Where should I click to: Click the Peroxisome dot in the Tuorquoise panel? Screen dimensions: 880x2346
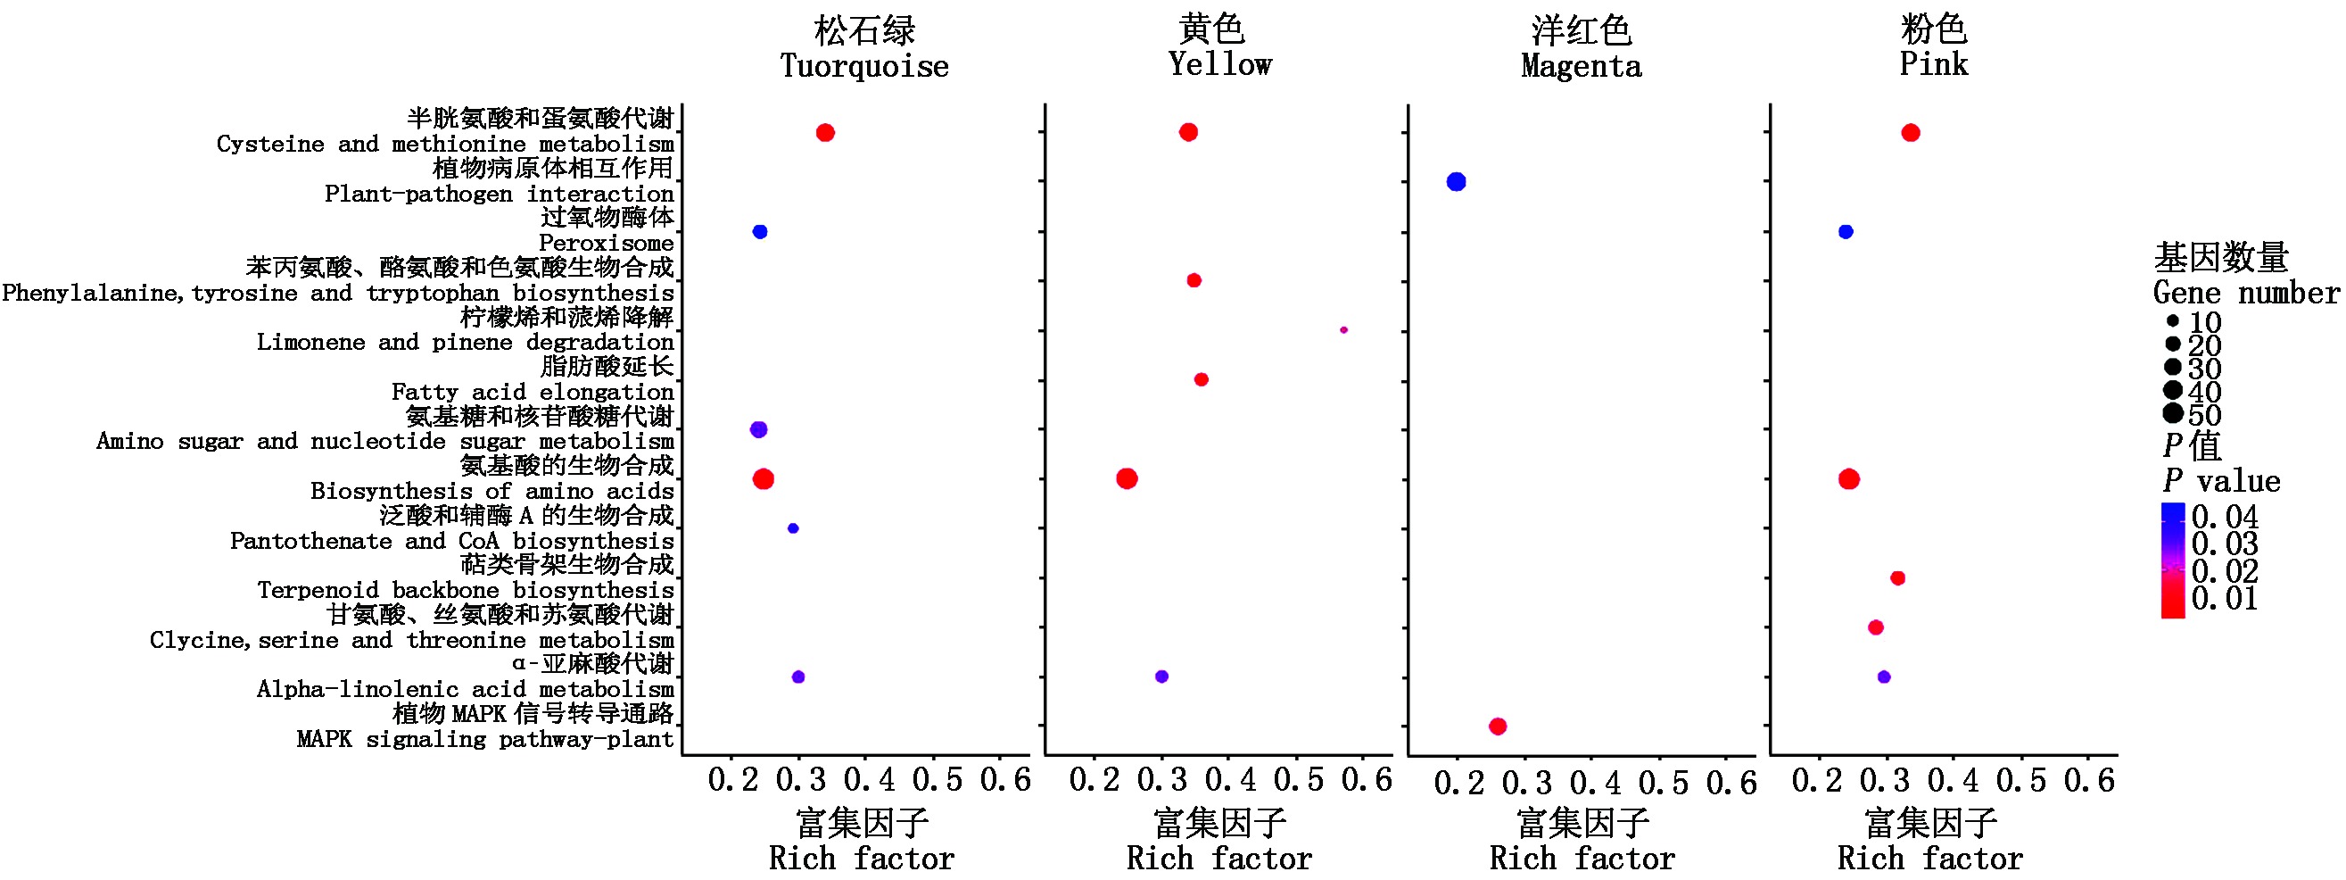coord(759,231)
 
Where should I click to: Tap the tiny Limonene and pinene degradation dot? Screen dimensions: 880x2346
coord(1343,329)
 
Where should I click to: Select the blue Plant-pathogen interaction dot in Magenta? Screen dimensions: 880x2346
coord(1457,182)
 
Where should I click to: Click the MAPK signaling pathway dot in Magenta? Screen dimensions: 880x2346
coord(1497,726)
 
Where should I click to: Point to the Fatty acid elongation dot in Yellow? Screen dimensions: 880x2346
coord(1202,380)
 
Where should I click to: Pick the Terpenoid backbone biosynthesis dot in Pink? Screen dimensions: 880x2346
coord(1898,577)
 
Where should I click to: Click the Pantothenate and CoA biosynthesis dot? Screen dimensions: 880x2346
coord(793,528)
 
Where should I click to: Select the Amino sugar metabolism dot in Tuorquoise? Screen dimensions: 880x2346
coord(758,429)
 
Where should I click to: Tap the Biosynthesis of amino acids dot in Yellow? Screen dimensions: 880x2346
coord(1127,478)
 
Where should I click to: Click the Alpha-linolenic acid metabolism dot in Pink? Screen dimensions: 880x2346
coord(1884,677)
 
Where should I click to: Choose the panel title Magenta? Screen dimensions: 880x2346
coord(1581,65)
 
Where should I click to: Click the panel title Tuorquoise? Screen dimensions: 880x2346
coord(864,65)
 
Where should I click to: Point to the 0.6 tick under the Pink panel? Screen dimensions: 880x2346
coord(2089,781)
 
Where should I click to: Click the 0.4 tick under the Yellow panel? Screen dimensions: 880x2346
coord(1230,781)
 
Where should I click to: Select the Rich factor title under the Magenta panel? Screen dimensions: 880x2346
coord(1582,859)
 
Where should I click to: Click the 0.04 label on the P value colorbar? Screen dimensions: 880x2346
coord(2224,518)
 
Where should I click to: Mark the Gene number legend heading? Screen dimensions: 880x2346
coord(2245,293)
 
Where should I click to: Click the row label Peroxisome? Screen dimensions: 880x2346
coord(606,244)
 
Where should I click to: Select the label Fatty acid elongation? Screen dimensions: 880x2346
coord(533,392)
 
